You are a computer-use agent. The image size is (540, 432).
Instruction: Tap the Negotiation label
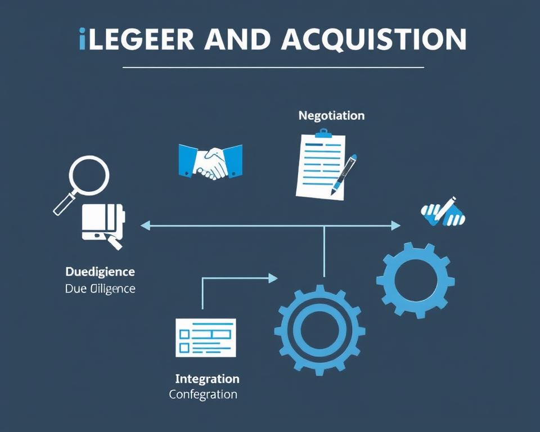click(x=331, y=115)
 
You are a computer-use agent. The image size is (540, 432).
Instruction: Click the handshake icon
click(x=210, y=161)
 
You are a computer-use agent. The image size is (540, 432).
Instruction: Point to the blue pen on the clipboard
click(x=344, y=174)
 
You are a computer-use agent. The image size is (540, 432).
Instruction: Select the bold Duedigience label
click(x=100, y=272)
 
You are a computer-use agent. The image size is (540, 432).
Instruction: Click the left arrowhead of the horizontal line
click(x=145, y=226)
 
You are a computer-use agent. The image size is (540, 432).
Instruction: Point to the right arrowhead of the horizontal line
click(x=396, y=226)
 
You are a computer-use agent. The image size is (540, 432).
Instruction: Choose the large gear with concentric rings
click(x=319, y=330)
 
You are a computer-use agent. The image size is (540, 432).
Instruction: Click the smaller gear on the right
click(x=416, y=280)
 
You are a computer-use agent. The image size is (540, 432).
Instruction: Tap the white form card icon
click(x=205, y=337)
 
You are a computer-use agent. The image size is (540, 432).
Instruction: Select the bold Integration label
click(x=207, y=379)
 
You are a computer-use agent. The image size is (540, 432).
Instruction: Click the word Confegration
click(x=203, y=394)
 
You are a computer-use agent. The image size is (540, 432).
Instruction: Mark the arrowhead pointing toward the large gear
click(x=273, y=278)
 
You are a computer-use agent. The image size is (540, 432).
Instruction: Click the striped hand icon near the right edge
click(x=443, y=212)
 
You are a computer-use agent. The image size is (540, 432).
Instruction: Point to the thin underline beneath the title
click(x=273, y=67)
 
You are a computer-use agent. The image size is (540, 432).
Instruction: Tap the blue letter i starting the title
click(x=83, y=39)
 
